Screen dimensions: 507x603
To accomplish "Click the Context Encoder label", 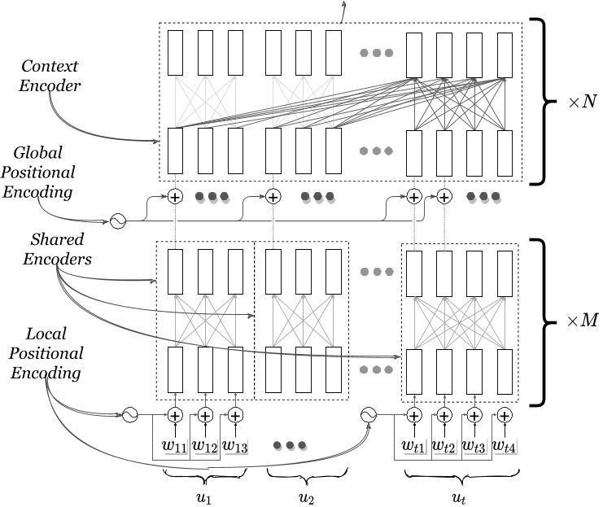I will [50, 74].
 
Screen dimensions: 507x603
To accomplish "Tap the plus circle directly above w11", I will [174, 415].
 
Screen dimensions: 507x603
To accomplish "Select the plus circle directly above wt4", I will [505, 415].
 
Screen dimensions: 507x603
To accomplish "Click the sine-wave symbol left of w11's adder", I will [129, 415].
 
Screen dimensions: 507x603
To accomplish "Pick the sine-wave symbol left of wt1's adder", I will [368, 415].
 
